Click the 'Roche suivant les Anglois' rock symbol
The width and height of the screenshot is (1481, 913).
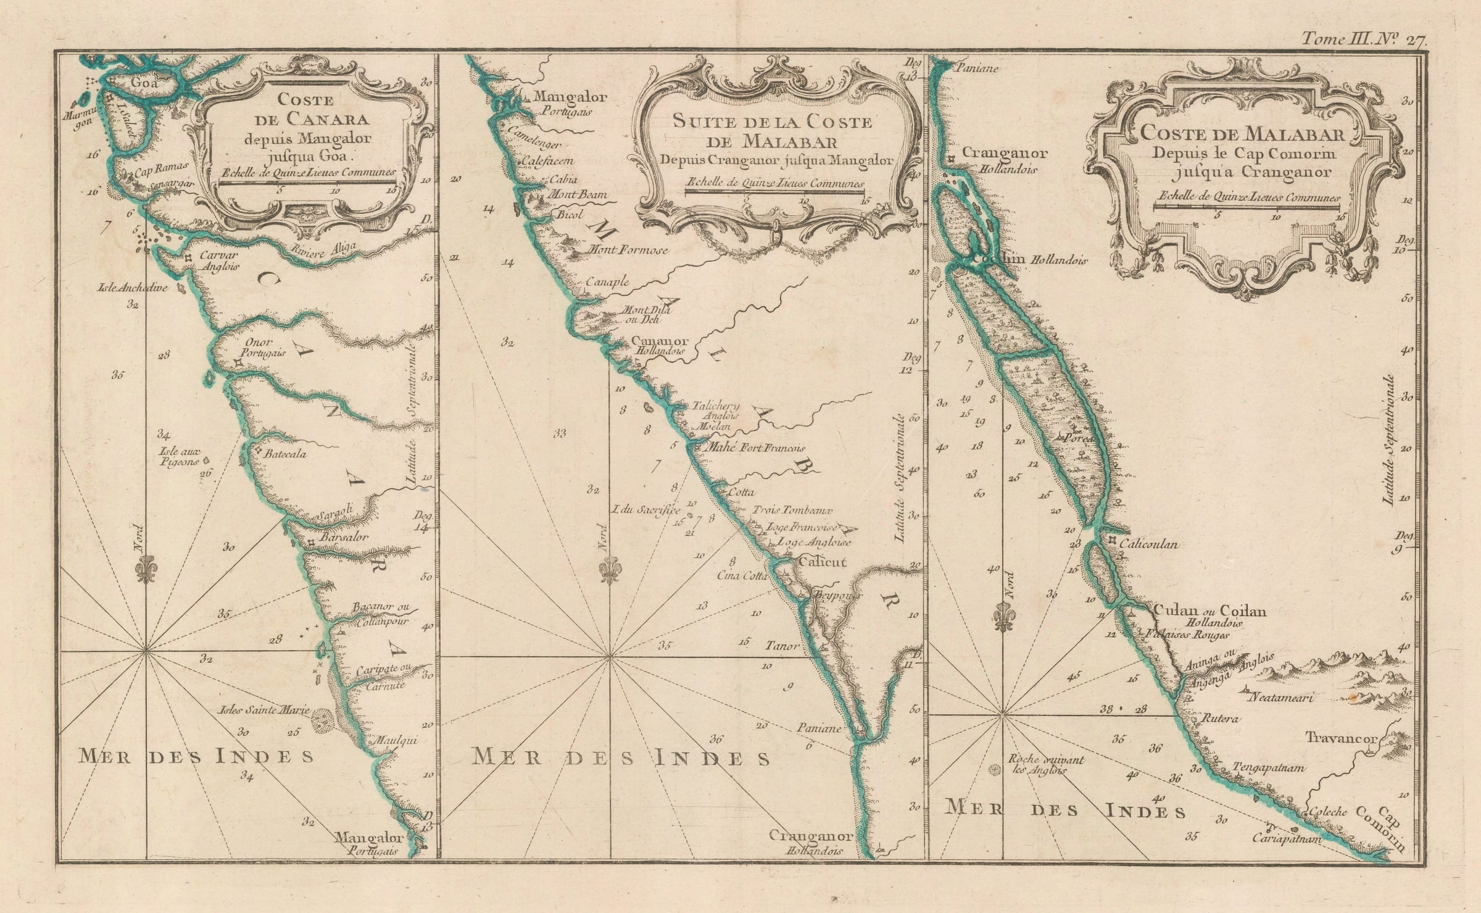click(995, 769)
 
